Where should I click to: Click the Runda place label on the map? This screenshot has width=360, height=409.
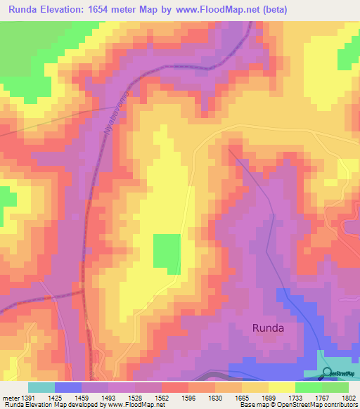click(x=269, y=327)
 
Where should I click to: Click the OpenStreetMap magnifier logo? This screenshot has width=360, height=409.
click(x=328, y=373)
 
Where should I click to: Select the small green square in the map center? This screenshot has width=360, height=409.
click(x=167, y=254)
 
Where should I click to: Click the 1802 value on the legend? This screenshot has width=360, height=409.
click(x=349, y=398)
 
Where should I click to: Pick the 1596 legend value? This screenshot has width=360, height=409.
click(x=188, y=398)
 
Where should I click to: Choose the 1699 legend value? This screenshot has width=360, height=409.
click(x=268, y=398)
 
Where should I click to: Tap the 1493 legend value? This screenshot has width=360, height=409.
click(x=108, y=398)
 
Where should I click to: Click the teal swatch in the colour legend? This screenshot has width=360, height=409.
click(x=41, y=387)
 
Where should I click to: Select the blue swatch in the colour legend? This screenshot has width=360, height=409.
click(x=68, y=387)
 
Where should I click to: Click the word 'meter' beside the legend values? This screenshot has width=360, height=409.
click(x=10, y=398)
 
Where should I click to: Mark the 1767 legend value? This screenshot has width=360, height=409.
click(x=322, y=398)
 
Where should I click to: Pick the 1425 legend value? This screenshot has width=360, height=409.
click(x=54, y=398)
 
